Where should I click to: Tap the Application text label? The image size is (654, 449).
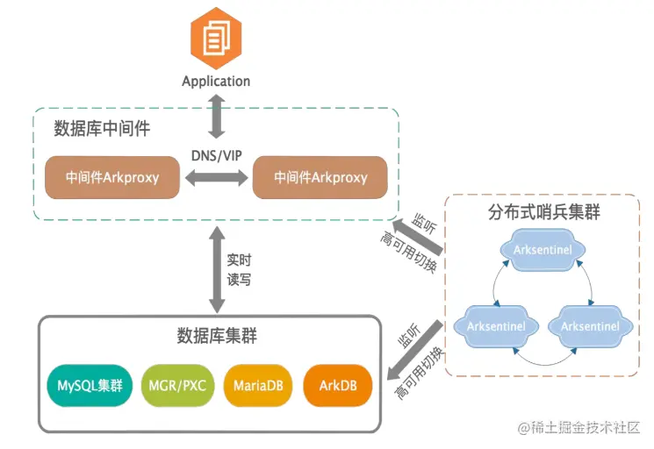click(x=216, y=81)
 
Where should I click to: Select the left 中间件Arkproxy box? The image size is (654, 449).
click(x=112, y=177)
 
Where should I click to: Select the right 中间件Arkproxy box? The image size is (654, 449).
click(x=320, y=177)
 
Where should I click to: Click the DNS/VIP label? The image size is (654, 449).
click(x=216, y=155)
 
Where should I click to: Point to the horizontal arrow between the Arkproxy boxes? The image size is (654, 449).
click(x=216, y=178)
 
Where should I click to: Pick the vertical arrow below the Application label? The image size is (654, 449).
click(x=216, y=112)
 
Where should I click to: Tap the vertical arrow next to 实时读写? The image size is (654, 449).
click(x=215, y=268)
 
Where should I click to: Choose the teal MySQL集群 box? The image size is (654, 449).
click(x=89, y=385)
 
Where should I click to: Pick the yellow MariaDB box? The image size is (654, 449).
click(x=256, y=385)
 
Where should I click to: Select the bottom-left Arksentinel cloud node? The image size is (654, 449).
click(x=497, y=326)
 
